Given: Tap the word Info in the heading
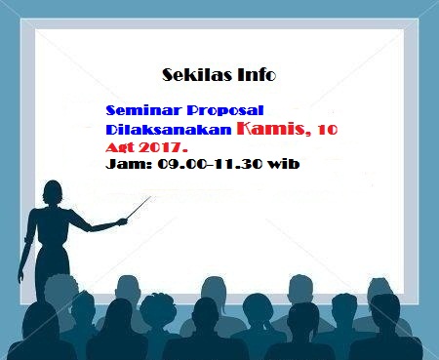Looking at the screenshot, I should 256,74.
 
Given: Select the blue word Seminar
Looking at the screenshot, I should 144,111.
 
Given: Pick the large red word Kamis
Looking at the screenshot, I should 273,127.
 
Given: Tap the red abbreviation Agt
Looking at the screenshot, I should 121,146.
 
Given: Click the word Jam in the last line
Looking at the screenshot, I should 124,164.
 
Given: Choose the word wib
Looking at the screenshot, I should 284,164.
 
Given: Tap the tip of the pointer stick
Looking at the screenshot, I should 152,198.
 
